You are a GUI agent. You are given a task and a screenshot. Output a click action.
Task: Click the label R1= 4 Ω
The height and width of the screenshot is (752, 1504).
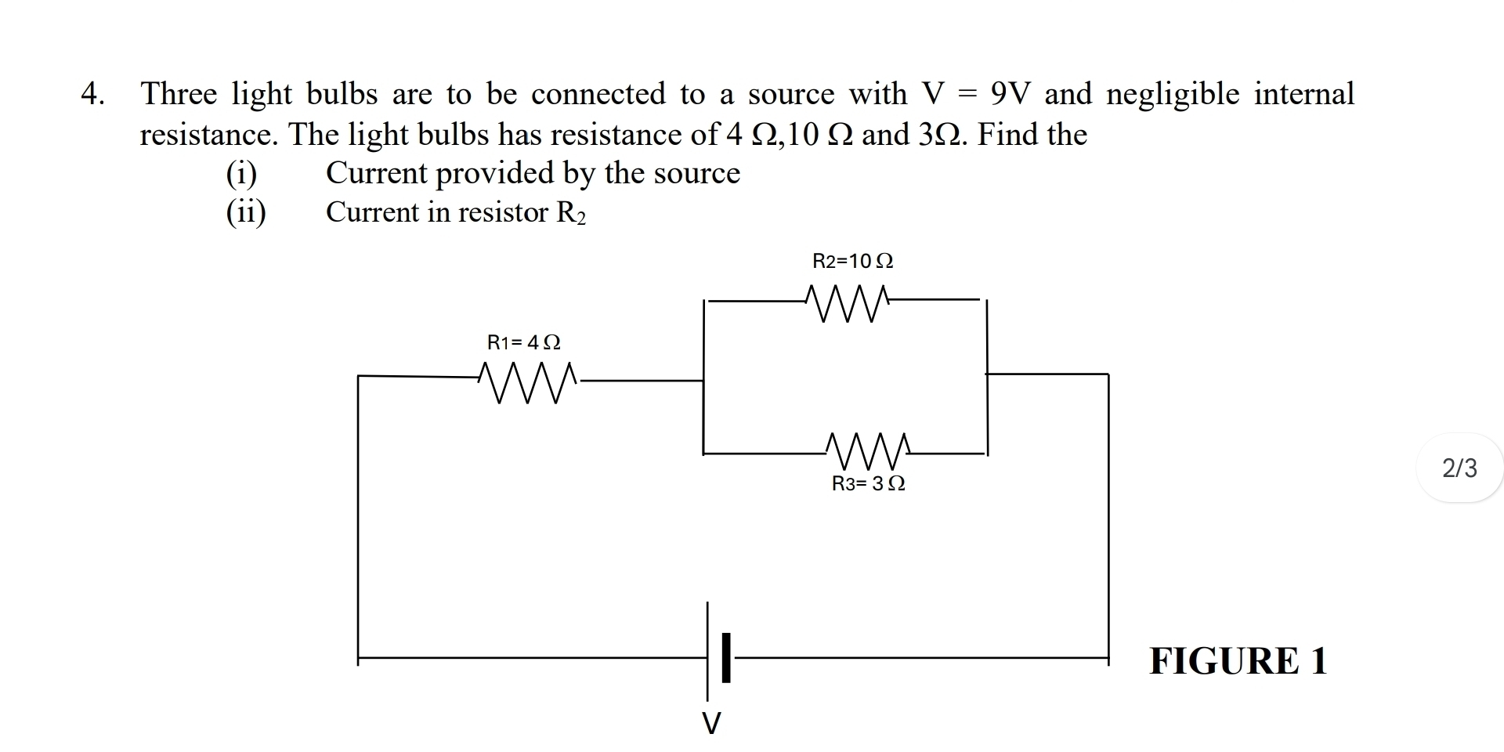524,342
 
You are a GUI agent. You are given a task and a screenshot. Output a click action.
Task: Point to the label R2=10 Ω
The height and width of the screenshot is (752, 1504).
853,261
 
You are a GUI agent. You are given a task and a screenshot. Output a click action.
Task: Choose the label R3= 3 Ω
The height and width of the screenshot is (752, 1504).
869,484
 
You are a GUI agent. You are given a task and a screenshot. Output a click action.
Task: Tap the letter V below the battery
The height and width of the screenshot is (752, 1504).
710,722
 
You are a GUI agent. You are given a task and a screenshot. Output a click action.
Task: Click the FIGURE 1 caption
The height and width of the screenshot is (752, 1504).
1238,660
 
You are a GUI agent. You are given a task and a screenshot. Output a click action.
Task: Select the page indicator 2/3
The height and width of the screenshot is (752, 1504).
1459,468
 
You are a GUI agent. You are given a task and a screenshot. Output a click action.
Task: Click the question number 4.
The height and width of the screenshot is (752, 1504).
92,95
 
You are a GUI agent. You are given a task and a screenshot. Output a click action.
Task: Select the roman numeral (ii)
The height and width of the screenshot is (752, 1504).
246,212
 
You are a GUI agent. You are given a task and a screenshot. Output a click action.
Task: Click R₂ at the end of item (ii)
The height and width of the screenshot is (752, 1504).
570,213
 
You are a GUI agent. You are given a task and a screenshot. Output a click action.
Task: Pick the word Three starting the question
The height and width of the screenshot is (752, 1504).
179,94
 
